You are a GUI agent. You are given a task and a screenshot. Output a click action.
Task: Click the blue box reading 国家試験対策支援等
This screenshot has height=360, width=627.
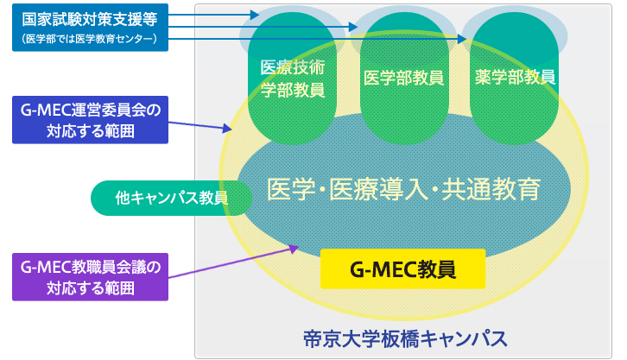coord(90,27)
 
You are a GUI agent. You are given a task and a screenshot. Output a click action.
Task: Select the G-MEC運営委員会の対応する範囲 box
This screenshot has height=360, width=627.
coord(90,119)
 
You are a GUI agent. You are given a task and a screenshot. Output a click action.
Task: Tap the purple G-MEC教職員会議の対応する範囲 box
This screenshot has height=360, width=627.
coord(90,276)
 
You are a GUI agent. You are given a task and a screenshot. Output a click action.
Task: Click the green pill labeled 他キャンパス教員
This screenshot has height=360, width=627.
coord(171,198)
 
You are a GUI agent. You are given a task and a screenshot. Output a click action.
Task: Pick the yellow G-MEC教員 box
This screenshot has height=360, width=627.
coord(402,268)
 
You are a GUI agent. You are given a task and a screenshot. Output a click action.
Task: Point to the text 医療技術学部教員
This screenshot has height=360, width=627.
coord(292,79)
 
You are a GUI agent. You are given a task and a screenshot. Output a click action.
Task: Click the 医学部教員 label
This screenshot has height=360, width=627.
coord(403,78)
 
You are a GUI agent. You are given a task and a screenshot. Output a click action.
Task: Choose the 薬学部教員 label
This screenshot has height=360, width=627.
coord(515,77)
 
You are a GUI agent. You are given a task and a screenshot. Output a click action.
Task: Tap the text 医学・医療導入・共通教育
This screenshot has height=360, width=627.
coord(403,189)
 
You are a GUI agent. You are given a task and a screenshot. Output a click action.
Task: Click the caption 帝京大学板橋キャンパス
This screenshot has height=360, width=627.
coord(405,338)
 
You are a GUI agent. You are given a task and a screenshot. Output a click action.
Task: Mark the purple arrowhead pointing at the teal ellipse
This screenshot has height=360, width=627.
coord(294,249)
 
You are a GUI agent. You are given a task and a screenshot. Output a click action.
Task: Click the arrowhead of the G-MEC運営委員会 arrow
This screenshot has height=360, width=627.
coord(227,128)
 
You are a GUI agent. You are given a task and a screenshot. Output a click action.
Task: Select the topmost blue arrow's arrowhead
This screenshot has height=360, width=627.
coord(255,15)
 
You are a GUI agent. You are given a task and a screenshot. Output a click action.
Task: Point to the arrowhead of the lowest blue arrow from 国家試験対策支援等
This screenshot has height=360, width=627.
coord(462,39)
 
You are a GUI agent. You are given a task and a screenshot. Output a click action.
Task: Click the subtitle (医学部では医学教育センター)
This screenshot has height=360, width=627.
coord(90,39)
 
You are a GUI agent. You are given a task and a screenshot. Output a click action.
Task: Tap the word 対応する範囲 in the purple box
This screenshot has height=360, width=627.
coord(91,287)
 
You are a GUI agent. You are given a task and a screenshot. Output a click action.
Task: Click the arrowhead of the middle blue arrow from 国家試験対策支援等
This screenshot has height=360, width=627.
coord(353,27)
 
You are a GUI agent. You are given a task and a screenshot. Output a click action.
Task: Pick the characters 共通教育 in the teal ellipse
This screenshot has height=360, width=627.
coord(491,189)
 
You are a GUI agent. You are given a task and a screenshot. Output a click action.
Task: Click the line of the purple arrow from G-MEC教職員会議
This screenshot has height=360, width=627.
coord(233,262)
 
